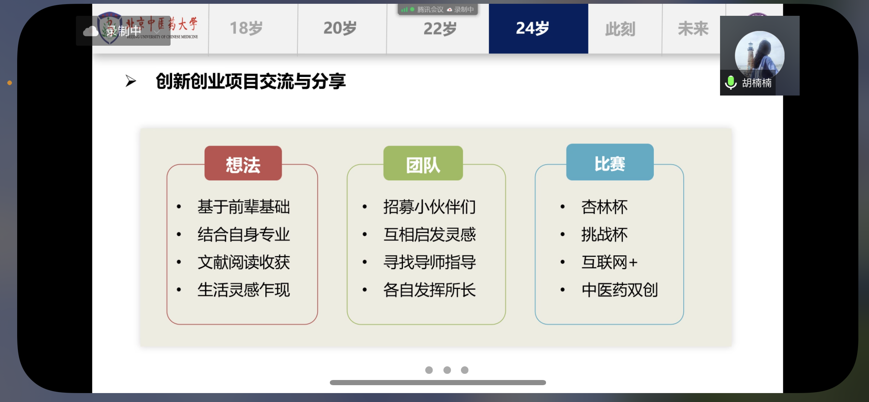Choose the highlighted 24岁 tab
(x=538, y=29)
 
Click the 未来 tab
(x=693, y=29)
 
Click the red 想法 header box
(x=243, y=163)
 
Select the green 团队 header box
(x=423, y=163)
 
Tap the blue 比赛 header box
(x=610, y=162)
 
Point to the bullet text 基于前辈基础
(x=244, y=207)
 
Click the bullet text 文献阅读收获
(x=244, y=263)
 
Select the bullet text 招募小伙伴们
(x=430, y=207)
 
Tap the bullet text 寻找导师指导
(x=430, y=263)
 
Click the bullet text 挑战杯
(x=604, y=235)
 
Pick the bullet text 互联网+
(x=610, y=263)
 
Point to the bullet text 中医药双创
(x=619, y=290)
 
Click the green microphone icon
(x=731, y=83)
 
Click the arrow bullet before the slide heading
(x=131, y=81)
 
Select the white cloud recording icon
(x=91, y=31)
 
